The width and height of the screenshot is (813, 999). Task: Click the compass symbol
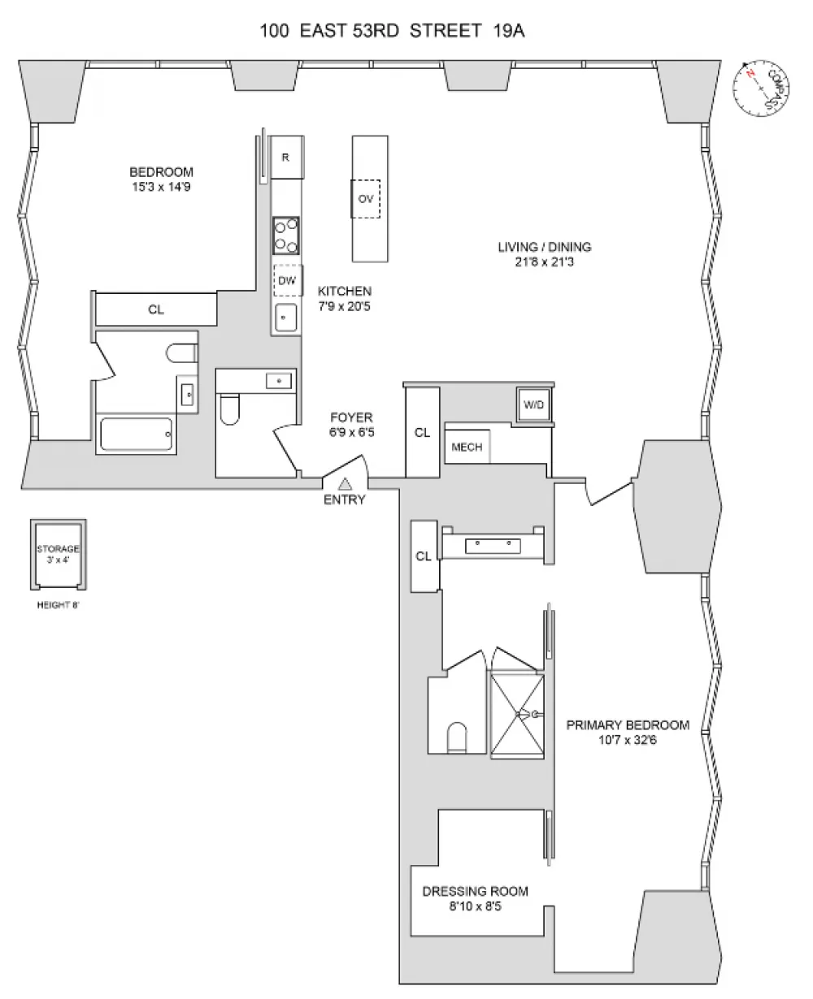[x=760, y=88]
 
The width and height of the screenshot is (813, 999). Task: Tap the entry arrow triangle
[x=345, y=483]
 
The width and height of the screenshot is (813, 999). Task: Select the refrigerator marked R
[x=287, y=157]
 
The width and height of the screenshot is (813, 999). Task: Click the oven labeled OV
[x=366, y=199]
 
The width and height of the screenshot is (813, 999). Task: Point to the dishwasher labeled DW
[x=288, y=280]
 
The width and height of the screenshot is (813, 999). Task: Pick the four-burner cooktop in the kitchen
[x=286, y=236]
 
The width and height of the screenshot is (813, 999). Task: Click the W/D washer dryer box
[x=533, y=404]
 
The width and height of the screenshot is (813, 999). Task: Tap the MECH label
[x=467, y=447]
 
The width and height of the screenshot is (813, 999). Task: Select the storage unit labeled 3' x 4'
[x=59, y=555]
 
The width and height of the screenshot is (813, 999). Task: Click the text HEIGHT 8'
[x=59, y=605]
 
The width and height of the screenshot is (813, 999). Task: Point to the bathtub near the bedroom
[x=136, y=434]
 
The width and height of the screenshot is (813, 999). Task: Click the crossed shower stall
[x=517, y=715]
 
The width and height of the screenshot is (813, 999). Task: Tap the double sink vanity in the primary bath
[x=493, y=546]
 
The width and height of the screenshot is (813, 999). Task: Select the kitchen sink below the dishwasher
[x=285, y=318]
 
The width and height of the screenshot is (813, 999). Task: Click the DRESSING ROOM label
[x=475, y=891]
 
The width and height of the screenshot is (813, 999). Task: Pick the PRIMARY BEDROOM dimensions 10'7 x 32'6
[x=628, y=740]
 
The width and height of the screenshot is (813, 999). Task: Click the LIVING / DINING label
[x=545, y=247]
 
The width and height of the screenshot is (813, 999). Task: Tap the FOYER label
[x=351, y=417]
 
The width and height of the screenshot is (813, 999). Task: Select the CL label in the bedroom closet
[x=156, y=309]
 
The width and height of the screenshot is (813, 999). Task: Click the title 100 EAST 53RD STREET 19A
[x=392, y=31]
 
